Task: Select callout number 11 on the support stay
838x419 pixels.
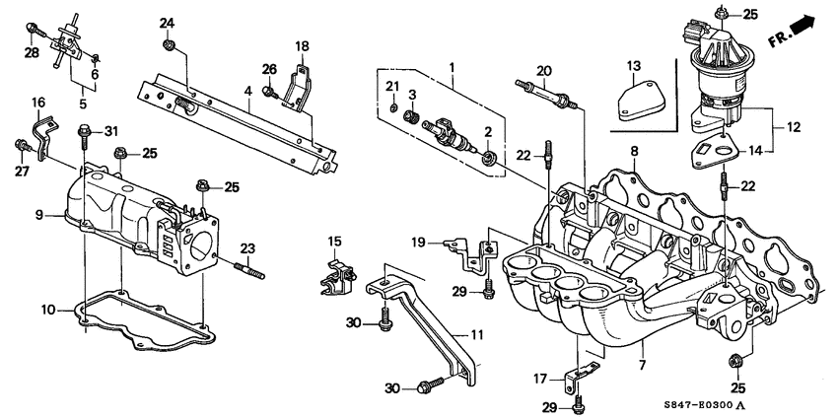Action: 476,336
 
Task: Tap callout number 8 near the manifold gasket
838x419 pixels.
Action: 634,151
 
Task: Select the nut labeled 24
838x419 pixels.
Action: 169,44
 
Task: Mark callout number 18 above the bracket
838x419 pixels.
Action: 302,45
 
